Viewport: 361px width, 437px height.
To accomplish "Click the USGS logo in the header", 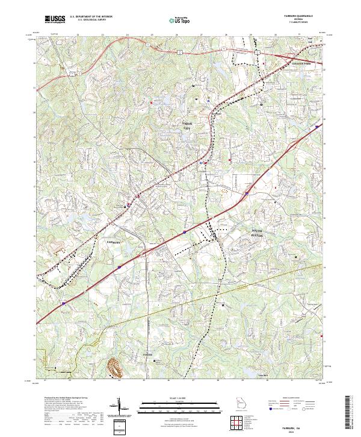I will pyautogui.click(x=55, y=19).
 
